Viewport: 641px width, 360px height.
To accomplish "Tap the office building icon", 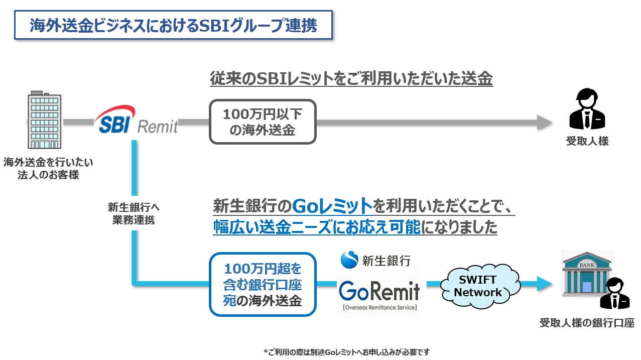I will point(45,120).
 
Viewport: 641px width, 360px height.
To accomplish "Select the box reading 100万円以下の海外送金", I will point(263,122).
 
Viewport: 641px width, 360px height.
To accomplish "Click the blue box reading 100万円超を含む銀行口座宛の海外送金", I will point(263,284).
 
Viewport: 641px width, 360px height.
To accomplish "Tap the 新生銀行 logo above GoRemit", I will point(375,260).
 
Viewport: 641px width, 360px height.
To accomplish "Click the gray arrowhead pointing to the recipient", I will point(544,122).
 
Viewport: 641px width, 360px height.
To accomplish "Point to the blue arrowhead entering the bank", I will point(544,284).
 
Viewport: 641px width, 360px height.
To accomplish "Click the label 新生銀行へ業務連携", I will point(134,213).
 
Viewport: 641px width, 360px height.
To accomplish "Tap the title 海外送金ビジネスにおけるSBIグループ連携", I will point(173,25).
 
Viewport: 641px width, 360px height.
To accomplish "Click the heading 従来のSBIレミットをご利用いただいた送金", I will point(351,78).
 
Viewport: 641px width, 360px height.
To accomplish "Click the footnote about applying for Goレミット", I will point(346,352).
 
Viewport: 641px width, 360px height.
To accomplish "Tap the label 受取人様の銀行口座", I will point(587,323).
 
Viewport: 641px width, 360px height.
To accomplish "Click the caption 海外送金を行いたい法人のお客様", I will point(48,169).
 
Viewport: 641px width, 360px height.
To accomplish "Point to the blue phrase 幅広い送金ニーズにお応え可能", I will point(316,227).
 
